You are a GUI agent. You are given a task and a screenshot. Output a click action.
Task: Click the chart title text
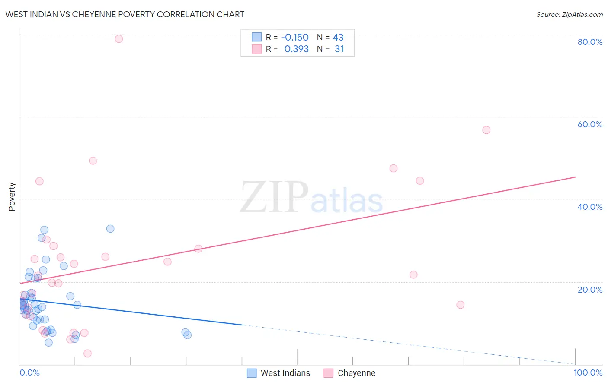tap(125, 14)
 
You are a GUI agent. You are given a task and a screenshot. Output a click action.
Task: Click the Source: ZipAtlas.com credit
tap(569, 14)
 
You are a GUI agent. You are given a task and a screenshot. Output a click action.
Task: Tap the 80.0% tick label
tap(590, 42)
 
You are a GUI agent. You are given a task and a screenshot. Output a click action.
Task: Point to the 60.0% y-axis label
tap(590, 124)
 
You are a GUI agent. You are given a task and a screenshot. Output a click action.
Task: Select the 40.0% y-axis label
tap(590, 207)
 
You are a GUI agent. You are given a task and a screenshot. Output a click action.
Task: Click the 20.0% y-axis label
tap(590, 289)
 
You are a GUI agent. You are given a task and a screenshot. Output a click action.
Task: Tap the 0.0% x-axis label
tap(29, 372)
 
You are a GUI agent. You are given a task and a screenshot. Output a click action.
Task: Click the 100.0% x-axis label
tap(588, 372)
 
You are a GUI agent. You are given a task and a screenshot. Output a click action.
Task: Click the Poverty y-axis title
tap(12, 197)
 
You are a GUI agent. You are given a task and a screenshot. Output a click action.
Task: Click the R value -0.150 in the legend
tap(294, 37)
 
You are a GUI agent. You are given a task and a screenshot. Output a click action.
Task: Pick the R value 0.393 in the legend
tap(296, 49)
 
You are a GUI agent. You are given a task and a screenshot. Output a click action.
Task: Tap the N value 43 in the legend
tap(338, 37)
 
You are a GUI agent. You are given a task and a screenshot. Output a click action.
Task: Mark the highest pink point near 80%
tap(119, 39)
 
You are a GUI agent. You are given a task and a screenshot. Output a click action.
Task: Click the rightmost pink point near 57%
tap(486, 130)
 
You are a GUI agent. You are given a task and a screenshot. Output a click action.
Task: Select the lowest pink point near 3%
tap(87, 353)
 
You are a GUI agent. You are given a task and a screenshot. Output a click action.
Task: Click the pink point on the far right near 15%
tap(461, 305)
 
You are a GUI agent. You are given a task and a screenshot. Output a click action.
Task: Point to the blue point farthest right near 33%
tap(110, 229)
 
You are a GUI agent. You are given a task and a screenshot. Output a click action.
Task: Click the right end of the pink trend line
tap(575, 177)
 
